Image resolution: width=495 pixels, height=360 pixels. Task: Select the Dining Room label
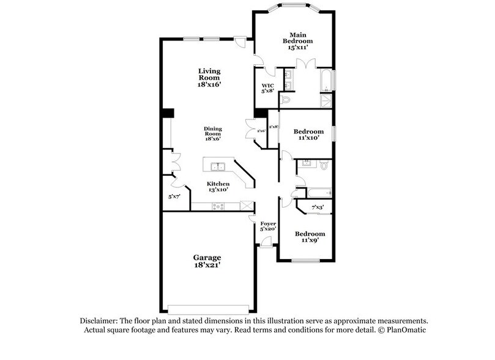[213, 133]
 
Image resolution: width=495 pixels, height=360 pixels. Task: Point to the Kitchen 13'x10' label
[218, 187]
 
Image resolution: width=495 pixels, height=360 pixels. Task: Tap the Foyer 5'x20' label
[269, 227]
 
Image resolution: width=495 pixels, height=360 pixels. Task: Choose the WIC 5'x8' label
[267, 89]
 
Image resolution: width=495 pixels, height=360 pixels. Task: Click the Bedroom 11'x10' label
[308, 135]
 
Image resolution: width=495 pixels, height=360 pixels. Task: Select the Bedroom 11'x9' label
[310, 237]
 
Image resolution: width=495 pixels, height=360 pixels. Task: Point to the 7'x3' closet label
[318, 208]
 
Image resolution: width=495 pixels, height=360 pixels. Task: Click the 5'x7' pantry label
[174, 197]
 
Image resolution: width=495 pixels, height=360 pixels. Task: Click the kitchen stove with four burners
[218, 206]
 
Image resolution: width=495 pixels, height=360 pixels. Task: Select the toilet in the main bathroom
[285, 100]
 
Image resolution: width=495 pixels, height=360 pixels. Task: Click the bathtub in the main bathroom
[326, 80]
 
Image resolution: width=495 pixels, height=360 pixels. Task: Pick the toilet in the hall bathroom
[324, 165]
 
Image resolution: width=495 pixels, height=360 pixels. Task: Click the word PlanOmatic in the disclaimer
[405, 330]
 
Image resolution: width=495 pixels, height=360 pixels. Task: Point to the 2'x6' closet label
[261, 130]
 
